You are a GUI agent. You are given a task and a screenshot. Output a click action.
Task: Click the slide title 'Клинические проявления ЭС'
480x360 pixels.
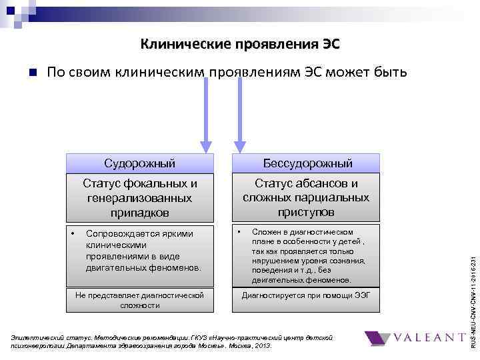(240, 45)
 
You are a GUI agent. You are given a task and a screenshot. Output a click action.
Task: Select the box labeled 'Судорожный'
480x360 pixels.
(140, 163)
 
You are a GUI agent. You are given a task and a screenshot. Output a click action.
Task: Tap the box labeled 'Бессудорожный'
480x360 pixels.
(306, 163)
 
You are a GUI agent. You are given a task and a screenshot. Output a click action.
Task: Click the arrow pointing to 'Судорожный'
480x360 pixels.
(207, 120)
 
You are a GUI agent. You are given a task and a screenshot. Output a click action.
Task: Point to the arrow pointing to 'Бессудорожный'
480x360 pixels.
(240, 120)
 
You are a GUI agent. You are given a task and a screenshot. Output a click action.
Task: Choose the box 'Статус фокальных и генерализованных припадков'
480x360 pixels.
(140, 197)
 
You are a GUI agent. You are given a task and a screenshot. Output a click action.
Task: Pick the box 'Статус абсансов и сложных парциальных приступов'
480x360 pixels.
(306, 197)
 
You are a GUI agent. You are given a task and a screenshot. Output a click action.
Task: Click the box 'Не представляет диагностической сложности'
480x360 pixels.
(140, 299)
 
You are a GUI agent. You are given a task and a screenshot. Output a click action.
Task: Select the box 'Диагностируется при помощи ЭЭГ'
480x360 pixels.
(306, 294)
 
